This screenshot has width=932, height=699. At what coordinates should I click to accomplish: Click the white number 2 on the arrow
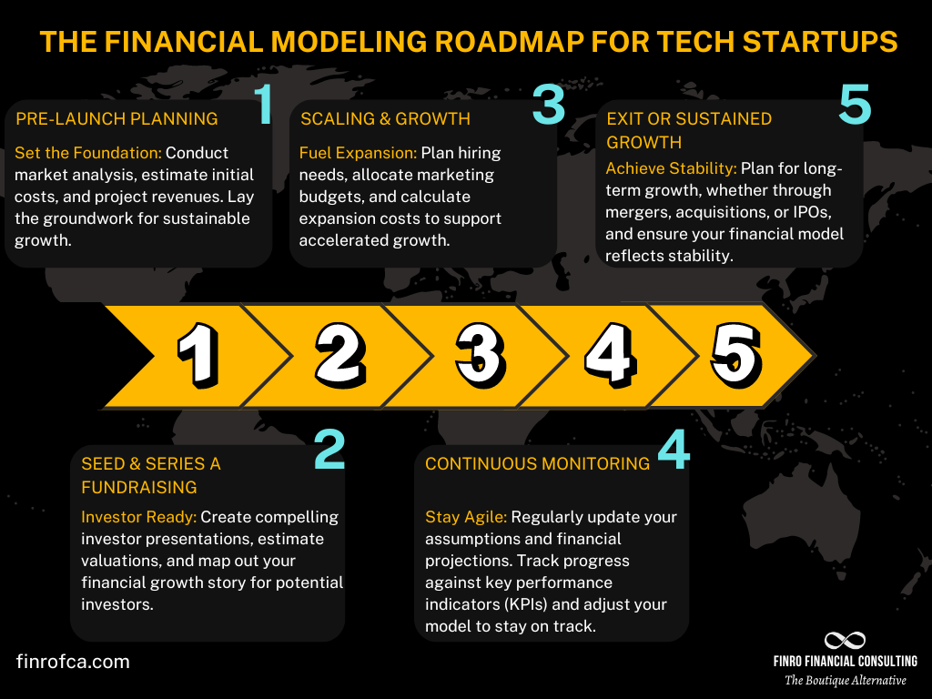click(339, 355)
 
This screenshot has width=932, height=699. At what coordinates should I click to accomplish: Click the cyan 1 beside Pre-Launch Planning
click(263, 105)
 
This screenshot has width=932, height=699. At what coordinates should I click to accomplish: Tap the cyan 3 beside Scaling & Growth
click(549, 105)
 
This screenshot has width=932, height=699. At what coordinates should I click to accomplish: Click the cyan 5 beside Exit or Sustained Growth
click(855, 105)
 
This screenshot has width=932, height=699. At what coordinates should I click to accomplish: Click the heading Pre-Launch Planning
click(117, 118)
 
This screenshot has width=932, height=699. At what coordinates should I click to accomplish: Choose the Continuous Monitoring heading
click(537, 463)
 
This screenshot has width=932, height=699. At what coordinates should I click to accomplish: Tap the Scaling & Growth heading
click(385, 118)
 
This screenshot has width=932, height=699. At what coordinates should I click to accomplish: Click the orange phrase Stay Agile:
click(465, 517)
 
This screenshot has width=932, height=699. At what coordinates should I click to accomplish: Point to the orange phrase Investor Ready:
click(138, 516)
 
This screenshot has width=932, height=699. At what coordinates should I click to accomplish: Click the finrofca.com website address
click(73, 662)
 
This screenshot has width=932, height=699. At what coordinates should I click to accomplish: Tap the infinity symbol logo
click(845, 641)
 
